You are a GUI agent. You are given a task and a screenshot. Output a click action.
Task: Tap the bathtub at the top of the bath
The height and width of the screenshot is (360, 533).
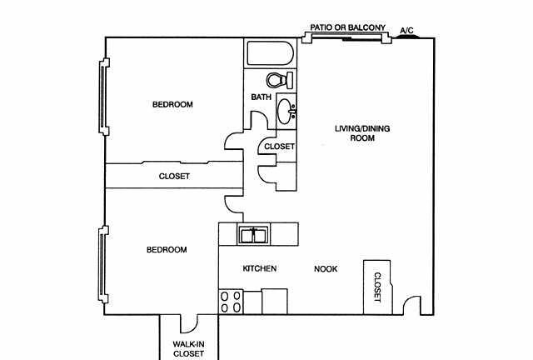[x=269, y=55]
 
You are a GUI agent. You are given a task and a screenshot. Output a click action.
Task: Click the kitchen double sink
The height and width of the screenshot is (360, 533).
[x=252, y=235]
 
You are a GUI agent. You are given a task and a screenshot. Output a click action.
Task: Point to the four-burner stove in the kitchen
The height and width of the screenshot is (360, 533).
[x=231, y=302]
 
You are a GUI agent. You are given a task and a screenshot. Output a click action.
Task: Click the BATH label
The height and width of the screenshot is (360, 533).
[x=261, y=97]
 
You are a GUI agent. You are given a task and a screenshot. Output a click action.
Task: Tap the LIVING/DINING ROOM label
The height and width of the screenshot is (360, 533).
[x=362, y=133]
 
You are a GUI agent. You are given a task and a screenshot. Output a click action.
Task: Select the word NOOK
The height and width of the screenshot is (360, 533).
[x=326, y=269]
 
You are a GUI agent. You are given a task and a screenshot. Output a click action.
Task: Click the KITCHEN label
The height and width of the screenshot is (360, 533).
[x=259, y=269]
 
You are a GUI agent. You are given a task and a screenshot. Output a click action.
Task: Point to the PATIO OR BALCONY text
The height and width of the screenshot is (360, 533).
[x=347, y=27]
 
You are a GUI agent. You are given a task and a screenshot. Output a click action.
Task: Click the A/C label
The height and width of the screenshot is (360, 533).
[x=406, y=31]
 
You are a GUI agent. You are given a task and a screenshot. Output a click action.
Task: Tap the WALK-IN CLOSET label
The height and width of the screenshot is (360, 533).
[x=188, y=348]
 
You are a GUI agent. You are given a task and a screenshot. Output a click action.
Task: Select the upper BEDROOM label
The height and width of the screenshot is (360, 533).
[x=172, y=105]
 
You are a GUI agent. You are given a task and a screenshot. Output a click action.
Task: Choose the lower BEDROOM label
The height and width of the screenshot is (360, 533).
[x=167, y=250]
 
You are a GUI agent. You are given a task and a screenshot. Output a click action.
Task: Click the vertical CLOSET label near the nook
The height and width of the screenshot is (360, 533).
[x=376, y=287]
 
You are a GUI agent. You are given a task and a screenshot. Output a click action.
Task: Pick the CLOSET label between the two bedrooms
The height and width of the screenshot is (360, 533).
[x=174, y=177]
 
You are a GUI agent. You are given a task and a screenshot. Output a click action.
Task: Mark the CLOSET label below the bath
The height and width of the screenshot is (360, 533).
[x=279, y=147]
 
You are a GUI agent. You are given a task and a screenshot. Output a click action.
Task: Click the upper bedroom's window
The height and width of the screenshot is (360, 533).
[x=102, y=97]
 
